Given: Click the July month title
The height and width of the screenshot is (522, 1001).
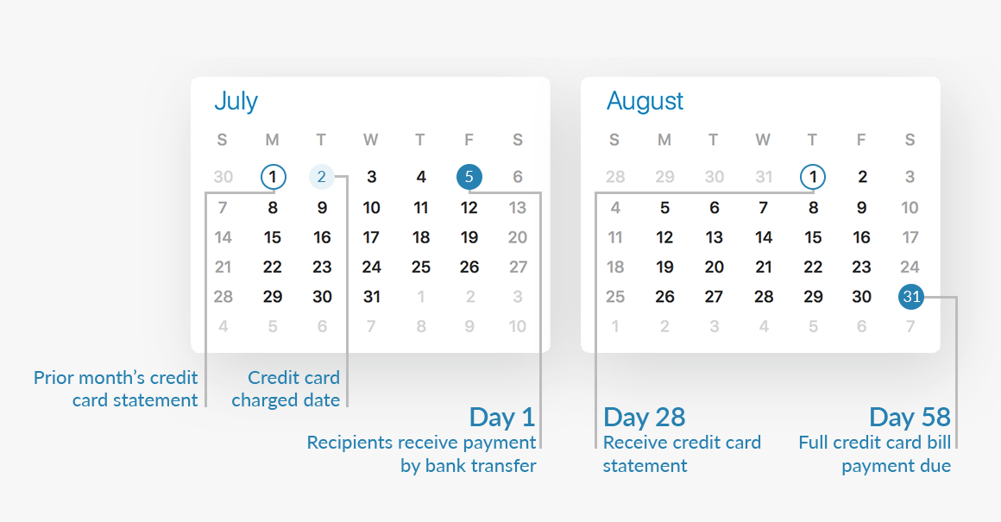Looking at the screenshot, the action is [236, 102].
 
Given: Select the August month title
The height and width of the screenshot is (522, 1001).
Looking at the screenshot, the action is [645, 101].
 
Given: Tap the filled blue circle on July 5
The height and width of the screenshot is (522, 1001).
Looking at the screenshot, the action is [469, 177].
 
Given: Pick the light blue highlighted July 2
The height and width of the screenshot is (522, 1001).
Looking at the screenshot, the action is [322, 177].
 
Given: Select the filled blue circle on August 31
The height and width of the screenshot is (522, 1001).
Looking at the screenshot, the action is [911, 296].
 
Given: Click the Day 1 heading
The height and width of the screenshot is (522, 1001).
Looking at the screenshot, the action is [501, 418].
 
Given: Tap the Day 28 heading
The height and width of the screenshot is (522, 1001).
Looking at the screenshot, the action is [644, 418].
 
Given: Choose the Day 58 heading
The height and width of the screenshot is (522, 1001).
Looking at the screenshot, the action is [910, 418].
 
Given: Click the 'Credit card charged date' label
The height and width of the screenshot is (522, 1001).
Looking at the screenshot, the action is [286, 388].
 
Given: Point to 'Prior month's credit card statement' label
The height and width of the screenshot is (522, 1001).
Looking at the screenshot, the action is [116, 388].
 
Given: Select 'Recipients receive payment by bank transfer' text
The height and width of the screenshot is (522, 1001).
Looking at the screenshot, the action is [421, 454].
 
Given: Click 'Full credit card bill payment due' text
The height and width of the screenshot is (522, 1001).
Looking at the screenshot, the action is [875, 454].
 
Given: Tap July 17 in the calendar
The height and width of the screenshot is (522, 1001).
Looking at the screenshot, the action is [372, 237].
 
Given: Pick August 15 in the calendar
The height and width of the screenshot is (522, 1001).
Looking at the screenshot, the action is [813, 237].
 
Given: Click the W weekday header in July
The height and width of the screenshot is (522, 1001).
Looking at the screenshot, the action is [371, 140].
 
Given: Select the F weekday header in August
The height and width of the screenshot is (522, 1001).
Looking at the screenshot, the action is [861, 140].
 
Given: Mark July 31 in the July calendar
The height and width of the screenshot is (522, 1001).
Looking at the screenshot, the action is [372, 297].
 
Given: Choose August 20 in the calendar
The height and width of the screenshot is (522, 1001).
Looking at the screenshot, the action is [714, 267].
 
